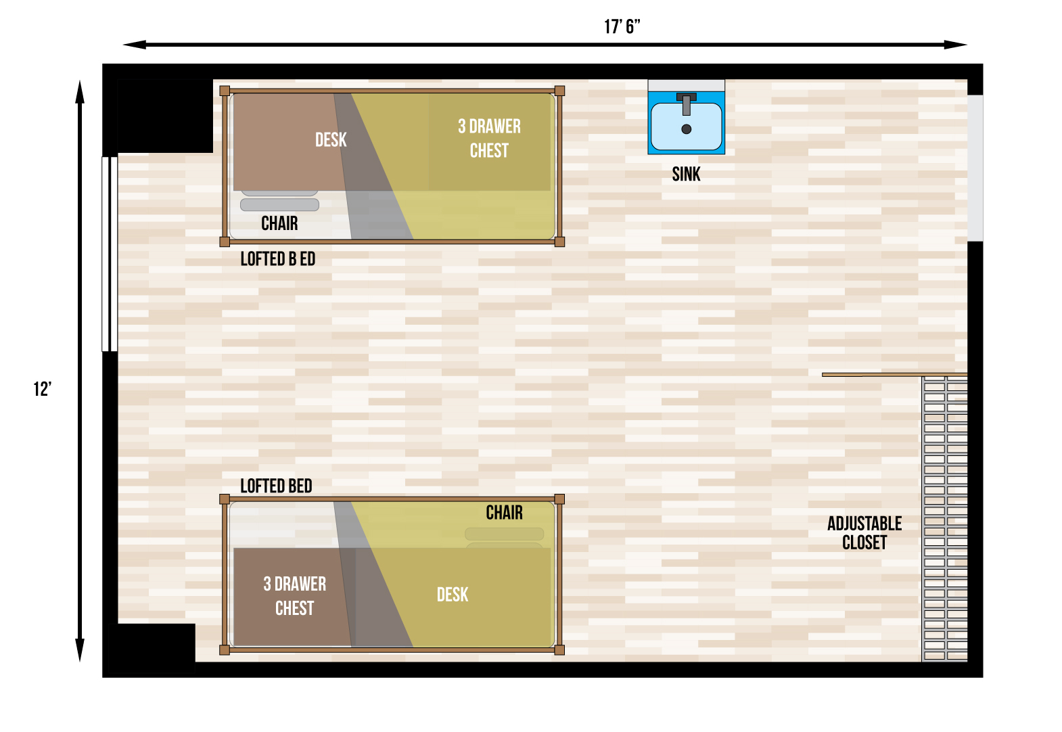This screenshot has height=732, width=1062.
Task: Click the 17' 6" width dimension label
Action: point(622,27)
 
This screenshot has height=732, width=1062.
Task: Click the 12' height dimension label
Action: point(43,389)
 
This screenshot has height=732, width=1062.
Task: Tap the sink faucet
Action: point(687,104)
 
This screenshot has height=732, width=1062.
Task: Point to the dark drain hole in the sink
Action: point(687,129)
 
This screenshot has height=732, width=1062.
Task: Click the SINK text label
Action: point(686,175)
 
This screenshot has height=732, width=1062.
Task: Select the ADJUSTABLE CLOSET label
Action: point(864,533)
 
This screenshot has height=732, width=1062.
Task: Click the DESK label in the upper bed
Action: point(331,140)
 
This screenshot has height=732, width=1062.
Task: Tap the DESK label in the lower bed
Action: point(453,595)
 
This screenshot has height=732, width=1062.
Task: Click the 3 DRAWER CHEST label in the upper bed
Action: point(489,139)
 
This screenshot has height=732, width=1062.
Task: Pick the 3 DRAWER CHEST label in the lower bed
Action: point(294,596)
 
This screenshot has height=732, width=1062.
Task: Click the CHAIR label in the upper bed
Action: point(279,223)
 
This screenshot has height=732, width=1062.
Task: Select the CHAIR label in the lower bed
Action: point(504,513)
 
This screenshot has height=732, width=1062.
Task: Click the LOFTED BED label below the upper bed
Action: point(277,259)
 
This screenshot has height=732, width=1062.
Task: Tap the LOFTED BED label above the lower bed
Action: point(276,486)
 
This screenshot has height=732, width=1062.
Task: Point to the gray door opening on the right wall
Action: point(975,168)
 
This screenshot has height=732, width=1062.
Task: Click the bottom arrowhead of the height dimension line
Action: point(80,651)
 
